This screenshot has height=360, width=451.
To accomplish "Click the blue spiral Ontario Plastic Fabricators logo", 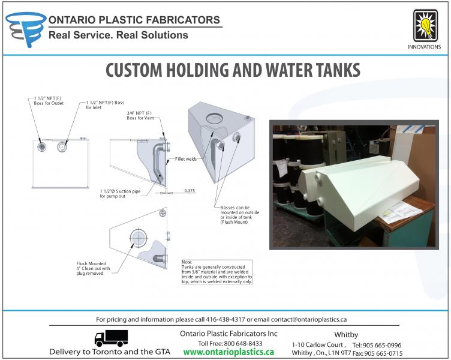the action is click(25, 29).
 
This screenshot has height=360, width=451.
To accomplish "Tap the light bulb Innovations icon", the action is click(425, 26).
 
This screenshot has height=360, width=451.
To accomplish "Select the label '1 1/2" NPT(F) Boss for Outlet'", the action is click(49, 101).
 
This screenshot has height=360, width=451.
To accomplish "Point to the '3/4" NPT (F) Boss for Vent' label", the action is click(140, 115).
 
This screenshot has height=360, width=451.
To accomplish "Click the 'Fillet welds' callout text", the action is click(186, 159).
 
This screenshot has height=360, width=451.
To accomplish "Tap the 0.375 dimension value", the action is click(190, 191).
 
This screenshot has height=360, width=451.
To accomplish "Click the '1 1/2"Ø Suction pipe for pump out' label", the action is click(120, 194).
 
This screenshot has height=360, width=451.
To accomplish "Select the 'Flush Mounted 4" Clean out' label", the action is click(93, 268).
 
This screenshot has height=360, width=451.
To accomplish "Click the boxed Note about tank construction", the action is click(217, 272).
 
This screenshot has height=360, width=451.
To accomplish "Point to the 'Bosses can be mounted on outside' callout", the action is click(240, 215).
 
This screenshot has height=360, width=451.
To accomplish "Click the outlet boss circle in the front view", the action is click(42, 147).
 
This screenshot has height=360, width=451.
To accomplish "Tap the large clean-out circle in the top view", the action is click(139, 238).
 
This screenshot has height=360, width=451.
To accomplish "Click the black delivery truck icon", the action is click(112, 338).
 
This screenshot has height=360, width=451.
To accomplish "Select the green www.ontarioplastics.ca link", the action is click(228, 352).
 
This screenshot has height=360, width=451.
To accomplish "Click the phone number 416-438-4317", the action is click(225, 319).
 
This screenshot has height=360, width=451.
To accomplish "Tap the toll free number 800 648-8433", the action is click(243, 344).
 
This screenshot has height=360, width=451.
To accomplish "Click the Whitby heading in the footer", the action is click(346, 335).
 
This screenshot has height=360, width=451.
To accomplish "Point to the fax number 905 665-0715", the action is click(383, 353).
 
